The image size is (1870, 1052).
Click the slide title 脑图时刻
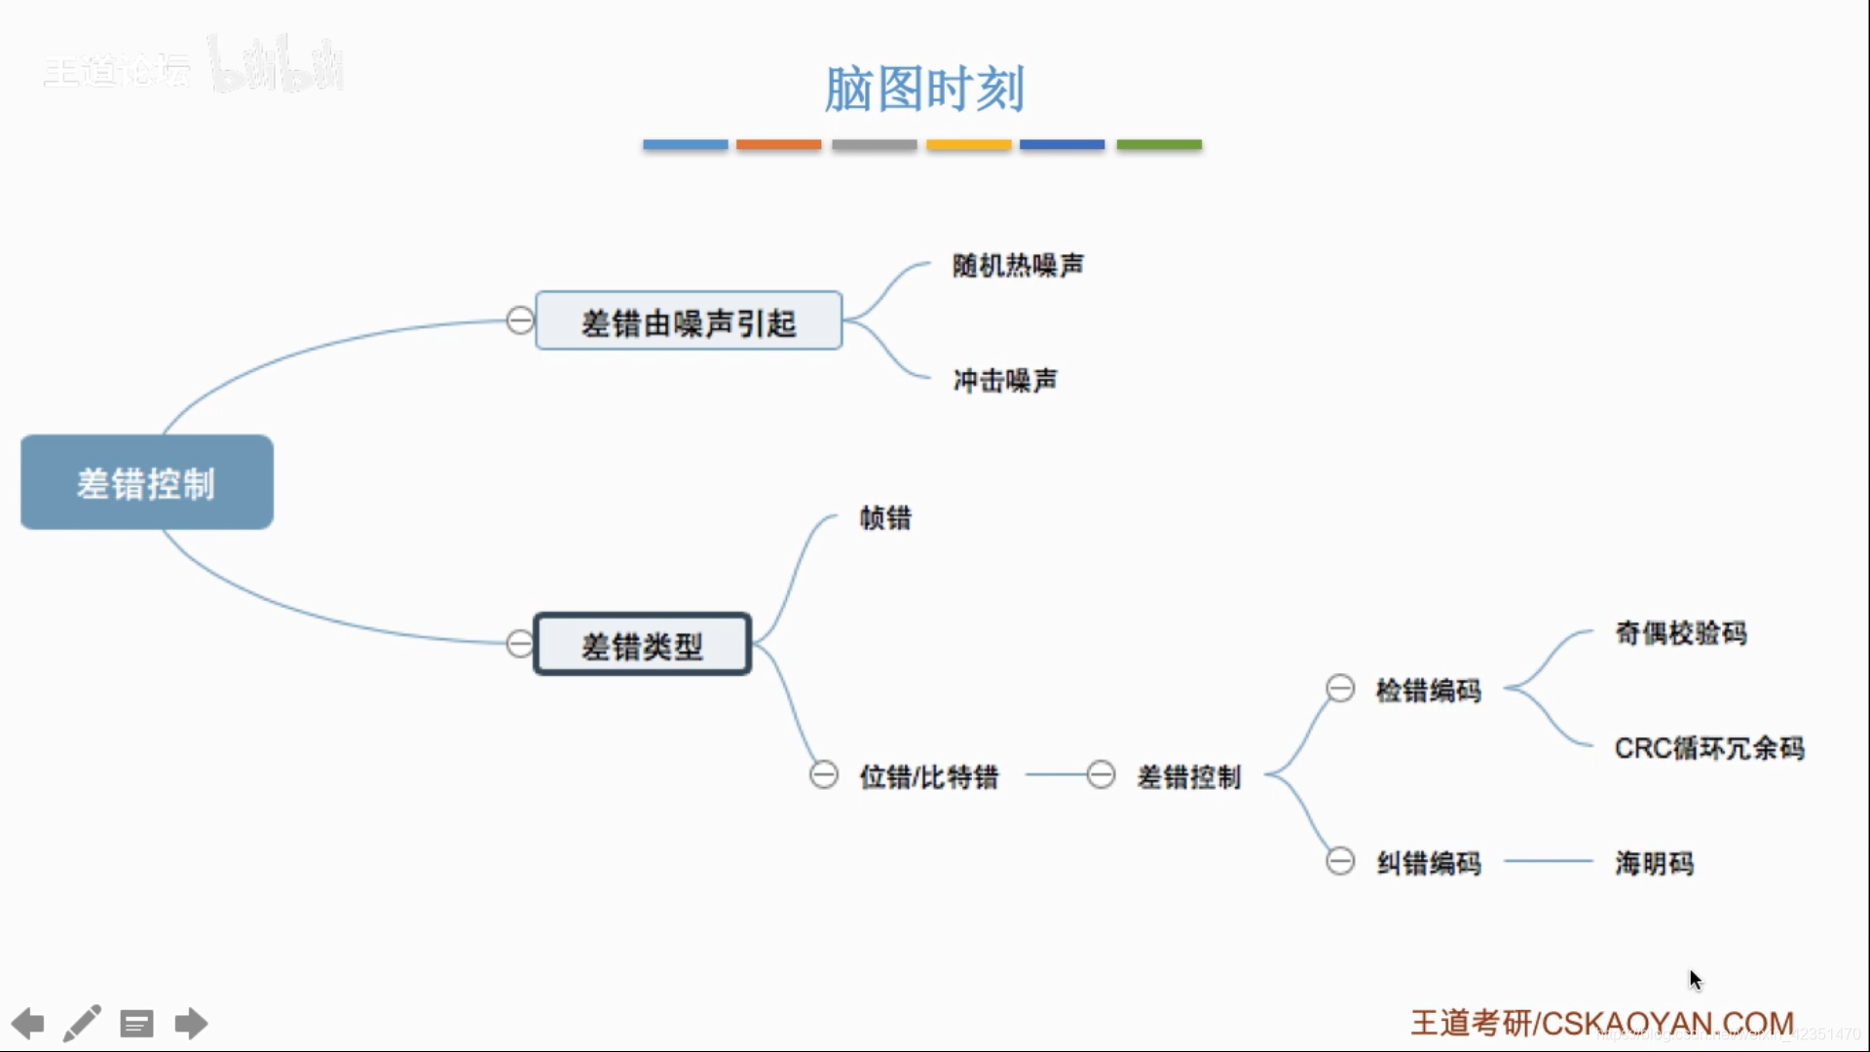click(x=923, y=90)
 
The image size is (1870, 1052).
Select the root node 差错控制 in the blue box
click(x=146, y=483)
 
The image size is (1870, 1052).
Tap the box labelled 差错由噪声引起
click(x=689, y=321)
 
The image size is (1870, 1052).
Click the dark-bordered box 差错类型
click(x=643, y=645)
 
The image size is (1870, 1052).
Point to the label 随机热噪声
click(x=1018, y=265)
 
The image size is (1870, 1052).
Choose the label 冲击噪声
click(x=1005, y=380)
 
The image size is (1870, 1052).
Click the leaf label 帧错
click(x=885, y=518)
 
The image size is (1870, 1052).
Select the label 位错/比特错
click(x=928, y=776)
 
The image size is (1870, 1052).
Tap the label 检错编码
click(x=1428, y=691)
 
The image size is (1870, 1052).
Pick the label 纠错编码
click(x=1428, y=863)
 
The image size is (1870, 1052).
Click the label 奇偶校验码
click(x=1680, y=633)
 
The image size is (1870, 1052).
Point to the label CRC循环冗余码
click(x=1709, y=748)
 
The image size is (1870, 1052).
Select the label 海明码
click(x=1654, y=863)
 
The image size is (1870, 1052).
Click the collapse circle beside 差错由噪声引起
click(x=520, y=319)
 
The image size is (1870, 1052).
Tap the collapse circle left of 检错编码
click(x=1340, y=689)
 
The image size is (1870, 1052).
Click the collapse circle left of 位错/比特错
click(x=824, y=775)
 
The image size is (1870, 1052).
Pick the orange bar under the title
click(x=778, y=145)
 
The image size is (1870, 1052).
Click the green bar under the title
click(x=1158, y=145)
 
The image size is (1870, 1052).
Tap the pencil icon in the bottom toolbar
click(x=83, y=1024)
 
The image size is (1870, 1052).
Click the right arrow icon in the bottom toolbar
click(x=191, y=1024)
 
